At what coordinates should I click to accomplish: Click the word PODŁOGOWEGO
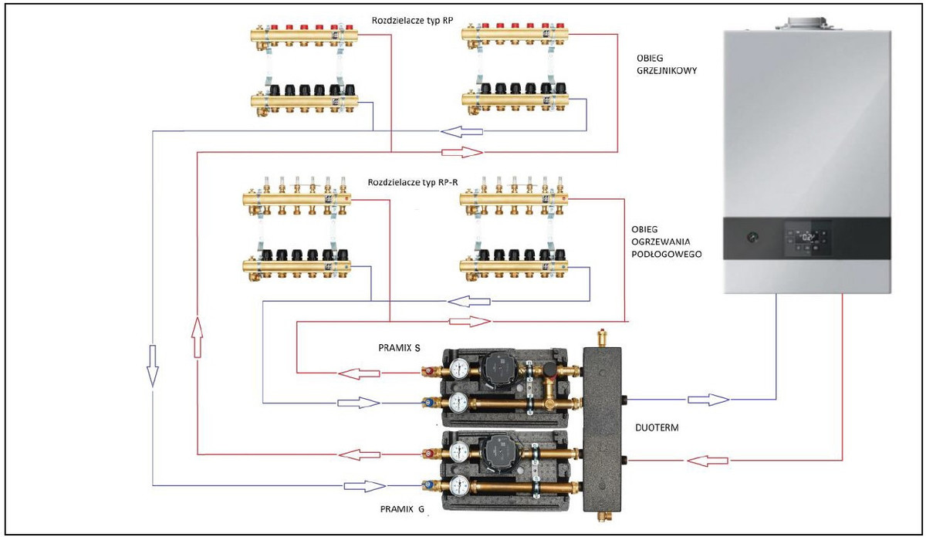666,253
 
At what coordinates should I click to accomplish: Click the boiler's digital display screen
808,237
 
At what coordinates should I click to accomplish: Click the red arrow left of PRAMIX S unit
362,373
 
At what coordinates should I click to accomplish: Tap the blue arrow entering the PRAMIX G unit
364,486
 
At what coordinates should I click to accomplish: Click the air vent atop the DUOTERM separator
602,339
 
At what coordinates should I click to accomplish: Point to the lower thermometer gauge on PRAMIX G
461,485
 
